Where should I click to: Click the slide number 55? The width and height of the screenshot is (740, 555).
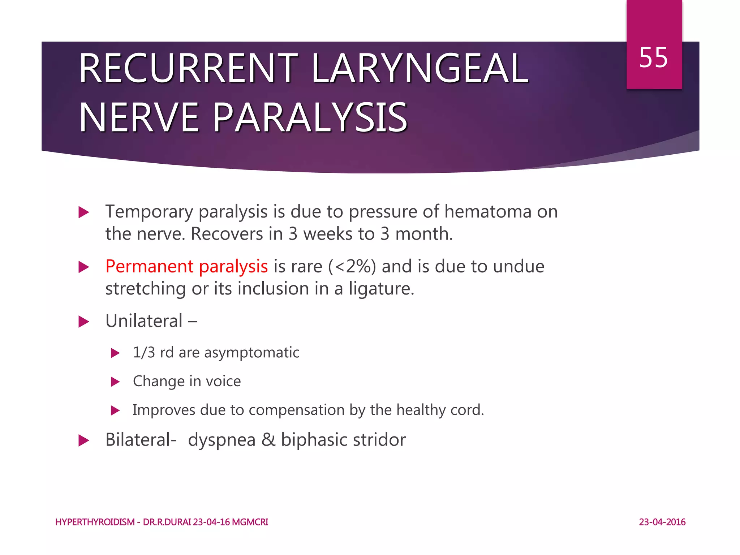point(653,58)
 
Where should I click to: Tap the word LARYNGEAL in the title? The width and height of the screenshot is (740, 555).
point(420,69)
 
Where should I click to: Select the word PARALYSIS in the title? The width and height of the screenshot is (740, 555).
point(310,118)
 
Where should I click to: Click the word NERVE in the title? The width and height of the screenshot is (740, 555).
point(139,118)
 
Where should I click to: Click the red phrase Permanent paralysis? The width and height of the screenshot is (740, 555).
point(186,267)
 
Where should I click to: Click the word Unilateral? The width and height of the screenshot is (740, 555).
point(144,321)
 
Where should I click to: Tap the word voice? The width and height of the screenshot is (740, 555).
point(223,381)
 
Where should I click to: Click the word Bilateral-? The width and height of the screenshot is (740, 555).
point(141,440)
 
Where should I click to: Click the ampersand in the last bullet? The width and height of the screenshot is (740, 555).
point(268,440)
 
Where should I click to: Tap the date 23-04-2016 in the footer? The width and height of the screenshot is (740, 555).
point(662,522)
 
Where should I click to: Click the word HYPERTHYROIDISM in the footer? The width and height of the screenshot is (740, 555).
point(95,522)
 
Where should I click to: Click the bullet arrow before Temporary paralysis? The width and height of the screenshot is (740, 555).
point(84,212)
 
